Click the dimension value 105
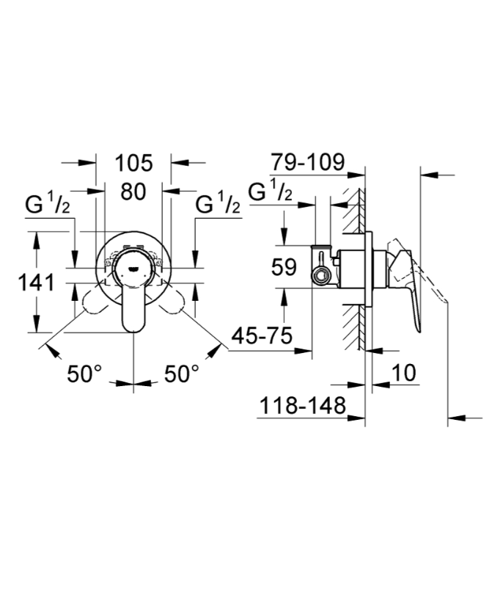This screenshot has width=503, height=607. click(x=133, y=163)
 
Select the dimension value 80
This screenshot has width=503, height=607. click(x=133, y=192)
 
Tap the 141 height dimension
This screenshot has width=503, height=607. click(x=37, y=281)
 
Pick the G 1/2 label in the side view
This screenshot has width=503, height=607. click(x=271, y=192)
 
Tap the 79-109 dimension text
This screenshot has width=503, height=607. click(x=307, y=163)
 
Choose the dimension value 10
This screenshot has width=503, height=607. click(x=403, y=372)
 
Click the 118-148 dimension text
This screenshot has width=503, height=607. click(x=301, y=406)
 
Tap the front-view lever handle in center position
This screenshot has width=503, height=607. click(x=133, y=301)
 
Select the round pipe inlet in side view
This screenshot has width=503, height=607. click(x=320, y=275)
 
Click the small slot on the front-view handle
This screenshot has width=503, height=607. click(x=133, y=269)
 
